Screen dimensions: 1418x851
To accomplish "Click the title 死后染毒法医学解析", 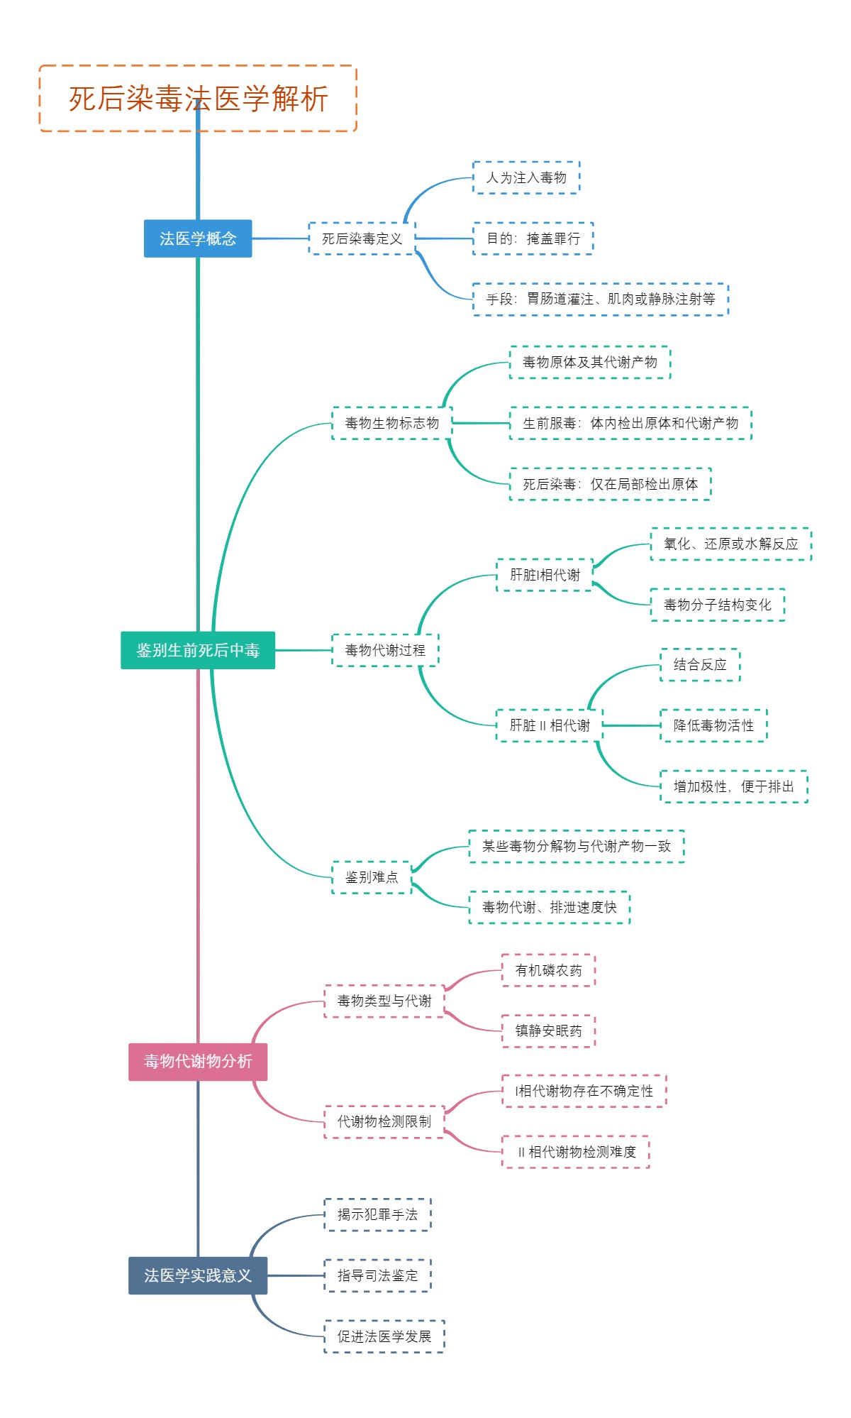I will (198, 99).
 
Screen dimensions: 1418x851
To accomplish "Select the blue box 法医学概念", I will (198, 238).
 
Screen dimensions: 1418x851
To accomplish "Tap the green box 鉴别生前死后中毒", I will (198, 650).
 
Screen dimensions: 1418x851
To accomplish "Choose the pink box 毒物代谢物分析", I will (198, 1062).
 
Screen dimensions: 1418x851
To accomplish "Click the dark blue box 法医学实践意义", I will (198, 1275).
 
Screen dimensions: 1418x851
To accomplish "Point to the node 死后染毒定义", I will (362, 238).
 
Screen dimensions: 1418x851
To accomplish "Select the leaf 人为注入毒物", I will (526, 177).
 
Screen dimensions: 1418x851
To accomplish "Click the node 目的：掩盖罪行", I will (533, 238).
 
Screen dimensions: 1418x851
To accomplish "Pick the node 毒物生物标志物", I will (391, 423).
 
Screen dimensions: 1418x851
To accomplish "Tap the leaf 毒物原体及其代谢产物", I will (590, 362).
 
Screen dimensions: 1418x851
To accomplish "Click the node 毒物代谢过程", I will (385, 650).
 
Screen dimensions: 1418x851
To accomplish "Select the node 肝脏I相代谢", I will (545, 575).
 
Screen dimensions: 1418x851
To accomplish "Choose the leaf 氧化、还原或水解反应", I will (730, 544).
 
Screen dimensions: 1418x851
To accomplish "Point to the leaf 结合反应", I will (700, 665).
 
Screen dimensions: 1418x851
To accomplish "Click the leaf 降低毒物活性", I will (713, 725).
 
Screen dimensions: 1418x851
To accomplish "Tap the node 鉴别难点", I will (372, 877).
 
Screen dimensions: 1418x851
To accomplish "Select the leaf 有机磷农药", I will (548, 970).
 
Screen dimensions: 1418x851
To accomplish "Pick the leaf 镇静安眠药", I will (548, 1030).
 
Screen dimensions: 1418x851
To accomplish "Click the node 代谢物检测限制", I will (384, 1121).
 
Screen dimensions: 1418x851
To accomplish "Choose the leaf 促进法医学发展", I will (384, 1336).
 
